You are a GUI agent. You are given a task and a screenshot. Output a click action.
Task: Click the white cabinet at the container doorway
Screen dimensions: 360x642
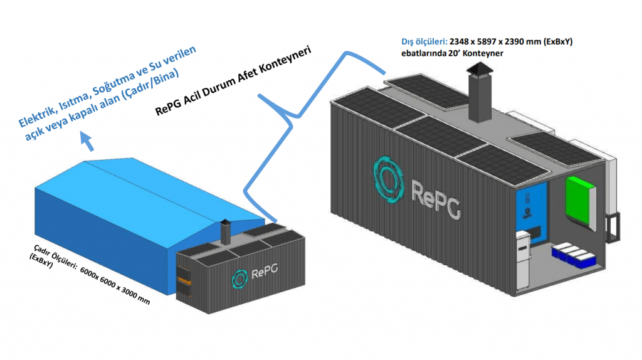(523, 258)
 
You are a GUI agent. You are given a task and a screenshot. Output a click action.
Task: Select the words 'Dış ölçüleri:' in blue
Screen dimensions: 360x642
(424, 41)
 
